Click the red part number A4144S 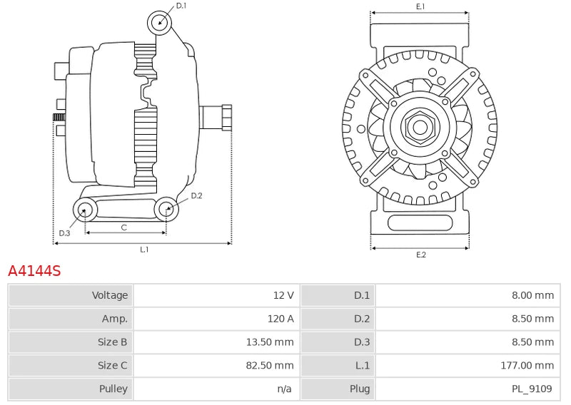(x=34, y=271)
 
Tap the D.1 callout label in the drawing (x=181, y=6)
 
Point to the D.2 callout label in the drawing (x=197, y=196)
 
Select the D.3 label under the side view (x=65, y=232)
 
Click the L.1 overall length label (x=144, y=250)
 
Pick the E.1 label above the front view (x=420, y=6)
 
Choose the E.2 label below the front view (x=420, y=255)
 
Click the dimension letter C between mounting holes (x=124, y=227)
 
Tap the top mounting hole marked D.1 (x=161, y=22)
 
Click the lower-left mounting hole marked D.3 (x=86, y=210)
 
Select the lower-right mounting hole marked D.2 (x=166, y=209)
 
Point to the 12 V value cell (x=283, y=295)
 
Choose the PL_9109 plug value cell (x=532, y=389)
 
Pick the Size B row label (x=112, y=342)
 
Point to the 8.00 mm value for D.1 (x=532, y=295)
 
